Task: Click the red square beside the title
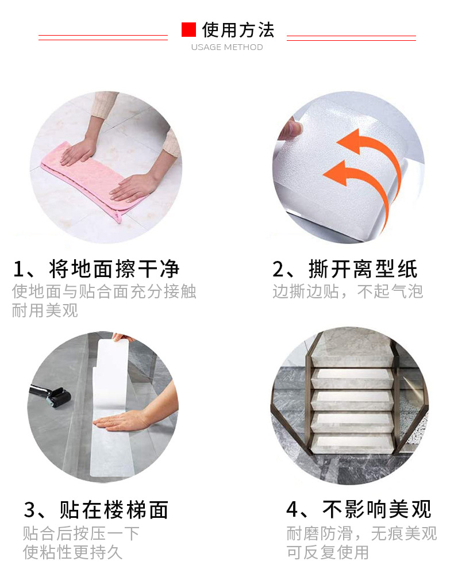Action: [188, 29]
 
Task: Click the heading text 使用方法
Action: [238, 29]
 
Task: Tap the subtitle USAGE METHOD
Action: [227, 47]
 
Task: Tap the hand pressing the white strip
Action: [124, 421]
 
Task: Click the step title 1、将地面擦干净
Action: [96, 269]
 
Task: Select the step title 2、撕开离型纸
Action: [345, 269]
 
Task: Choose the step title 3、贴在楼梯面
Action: [96, 509]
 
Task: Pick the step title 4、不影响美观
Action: [359, 509]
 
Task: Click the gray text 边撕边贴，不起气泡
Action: [348, 291]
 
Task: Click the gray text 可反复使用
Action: [328, 552]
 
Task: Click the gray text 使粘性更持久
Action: [73, 552]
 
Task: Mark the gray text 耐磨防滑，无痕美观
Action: [361, 533]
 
